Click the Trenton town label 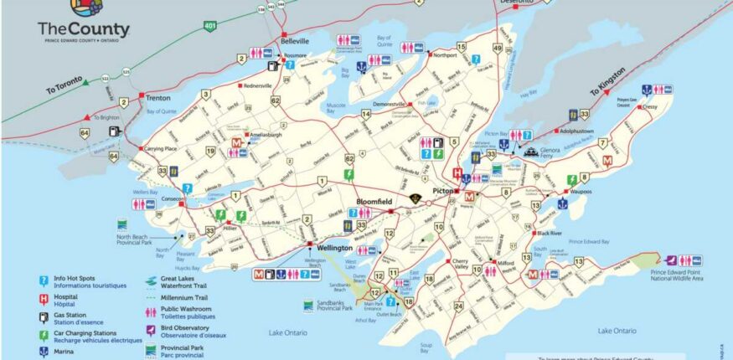[157, 97]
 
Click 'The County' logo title [70, 28]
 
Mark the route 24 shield [458, 306]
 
